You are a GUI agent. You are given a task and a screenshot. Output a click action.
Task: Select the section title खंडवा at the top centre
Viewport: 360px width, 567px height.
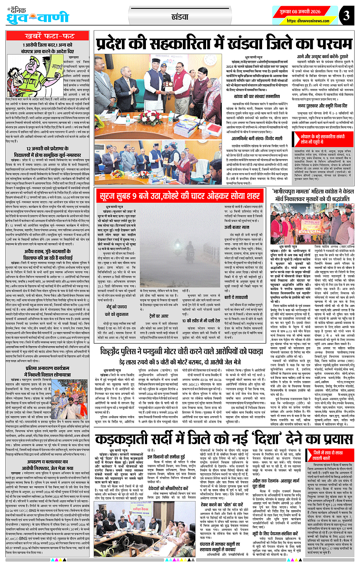180,17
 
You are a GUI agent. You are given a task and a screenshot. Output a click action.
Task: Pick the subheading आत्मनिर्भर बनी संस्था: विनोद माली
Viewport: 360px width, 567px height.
251,138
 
